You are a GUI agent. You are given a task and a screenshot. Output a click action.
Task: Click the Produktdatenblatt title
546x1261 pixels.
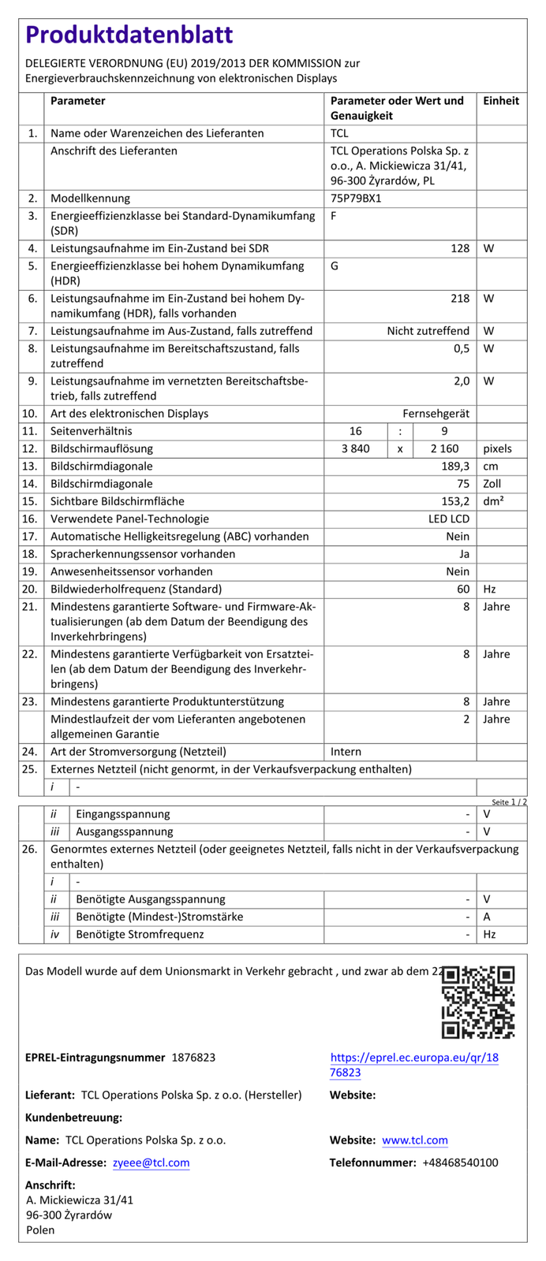(x=129, y=35)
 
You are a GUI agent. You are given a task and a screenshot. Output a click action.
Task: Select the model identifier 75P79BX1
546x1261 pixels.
(x=356, y=199)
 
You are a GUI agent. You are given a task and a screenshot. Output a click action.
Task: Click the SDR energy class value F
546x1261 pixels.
(x=335, y=216)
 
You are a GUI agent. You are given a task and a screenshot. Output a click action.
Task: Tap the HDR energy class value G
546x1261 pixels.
(x=335, y=266)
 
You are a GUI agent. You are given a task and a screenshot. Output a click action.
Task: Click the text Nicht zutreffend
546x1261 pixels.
(x=428, y=332)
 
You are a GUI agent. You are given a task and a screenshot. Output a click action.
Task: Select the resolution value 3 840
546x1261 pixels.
(x=355, y=449)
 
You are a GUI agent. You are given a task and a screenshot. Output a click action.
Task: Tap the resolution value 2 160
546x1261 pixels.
(x=444, y=449)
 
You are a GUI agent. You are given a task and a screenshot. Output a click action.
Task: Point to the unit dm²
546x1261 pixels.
(x=494, y=501)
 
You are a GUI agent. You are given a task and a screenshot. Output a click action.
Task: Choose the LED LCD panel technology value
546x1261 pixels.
(x=449, y=519)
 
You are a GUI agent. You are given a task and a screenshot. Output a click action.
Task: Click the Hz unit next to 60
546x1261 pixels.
(x=490, y=590)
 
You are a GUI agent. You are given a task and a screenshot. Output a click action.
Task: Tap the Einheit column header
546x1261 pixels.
(x=501, y=101)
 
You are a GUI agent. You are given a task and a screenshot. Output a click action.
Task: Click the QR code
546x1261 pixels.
(x=478, y=1002)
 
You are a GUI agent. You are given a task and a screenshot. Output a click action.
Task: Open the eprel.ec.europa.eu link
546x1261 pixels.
(x=414, y=1065)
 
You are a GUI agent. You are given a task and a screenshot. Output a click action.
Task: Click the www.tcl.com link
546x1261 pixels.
(x=415, y=1140)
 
